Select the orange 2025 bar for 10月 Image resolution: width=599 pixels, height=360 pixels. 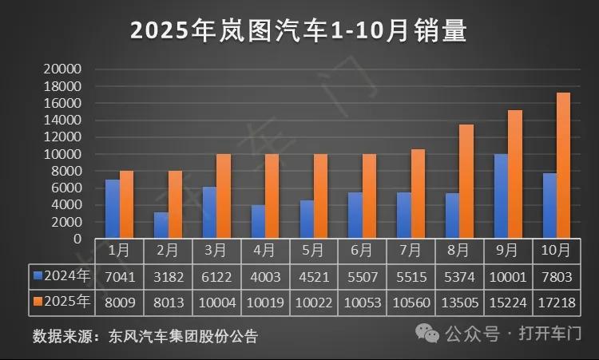(564, 166)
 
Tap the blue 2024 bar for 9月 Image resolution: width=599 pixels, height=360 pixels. (501, 196)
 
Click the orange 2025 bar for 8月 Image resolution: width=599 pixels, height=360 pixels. (466, 181)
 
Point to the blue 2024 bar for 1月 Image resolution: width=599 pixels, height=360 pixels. (113, 209)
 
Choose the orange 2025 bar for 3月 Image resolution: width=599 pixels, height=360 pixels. (224, 196)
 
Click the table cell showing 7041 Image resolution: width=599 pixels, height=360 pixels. (119, 276)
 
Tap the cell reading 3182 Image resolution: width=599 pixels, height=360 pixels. (168, 276)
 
